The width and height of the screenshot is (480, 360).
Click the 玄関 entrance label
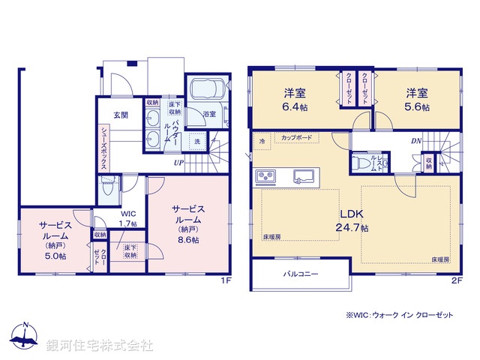pyautogui.click(x=121, y=115)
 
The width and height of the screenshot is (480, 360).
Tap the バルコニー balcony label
pyautogui.click(x=300, y=274)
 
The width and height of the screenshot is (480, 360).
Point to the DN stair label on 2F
pyautogui.click(x=415, y=140)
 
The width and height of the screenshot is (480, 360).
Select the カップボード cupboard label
pyautogui.click(x=298, y=138)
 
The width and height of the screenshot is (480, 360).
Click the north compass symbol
pyautogui.click(x=25, y=337)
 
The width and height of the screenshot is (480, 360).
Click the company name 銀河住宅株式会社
pyautogui.click(x=99, y=345)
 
